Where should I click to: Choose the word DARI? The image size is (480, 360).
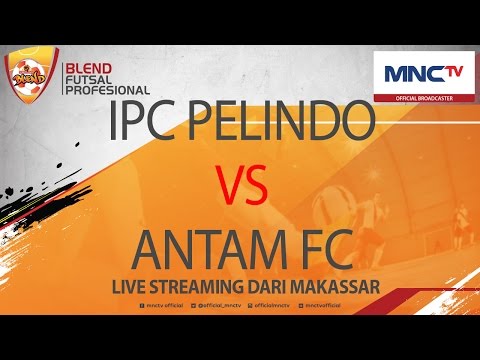[290, 286]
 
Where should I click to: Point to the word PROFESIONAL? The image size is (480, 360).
[107, 90]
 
